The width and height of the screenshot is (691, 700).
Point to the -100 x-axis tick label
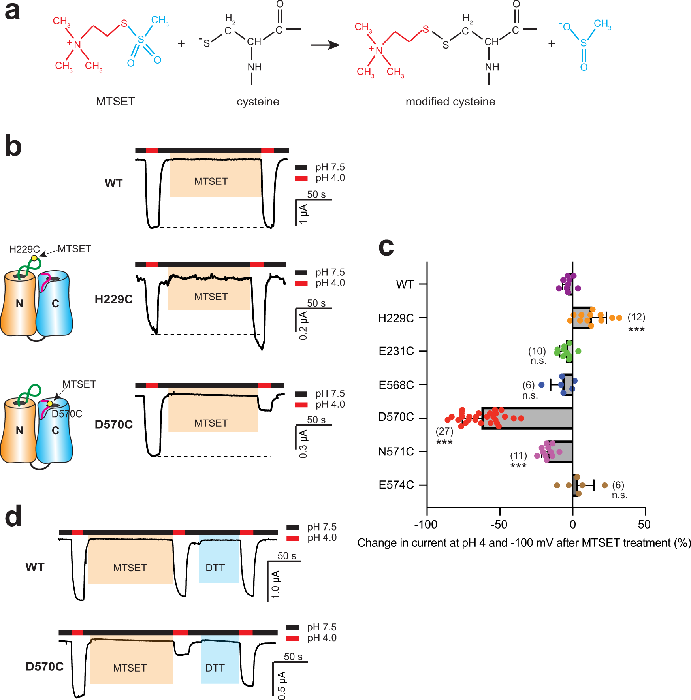tap(426, 525)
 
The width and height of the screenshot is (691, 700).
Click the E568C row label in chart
tap(396, 385)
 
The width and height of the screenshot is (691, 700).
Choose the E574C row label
tap(396, 485)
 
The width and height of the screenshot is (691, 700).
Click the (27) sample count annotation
tap(444, 431)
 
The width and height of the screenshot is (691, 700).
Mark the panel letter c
tap(386, 247)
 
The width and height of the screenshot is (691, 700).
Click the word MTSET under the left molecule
tap(115, 102)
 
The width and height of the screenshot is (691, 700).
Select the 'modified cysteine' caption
tap(450, 102)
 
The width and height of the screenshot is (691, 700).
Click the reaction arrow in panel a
tap(325, 45)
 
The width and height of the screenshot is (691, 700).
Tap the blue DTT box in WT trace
tap(219, 561)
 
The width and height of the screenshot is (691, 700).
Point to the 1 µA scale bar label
tap(303, 214)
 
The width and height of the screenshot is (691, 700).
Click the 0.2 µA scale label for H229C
tap(303, 326)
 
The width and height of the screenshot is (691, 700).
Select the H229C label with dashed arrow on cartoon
tap(24, 249)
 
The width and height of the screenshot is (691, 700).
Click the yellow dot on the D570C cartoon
tap(50, 403)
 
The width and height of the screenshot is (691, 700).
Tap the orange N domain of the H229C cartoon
tap(19, 304)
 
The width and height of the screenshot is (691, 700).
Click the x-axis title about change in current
tap(524, 543)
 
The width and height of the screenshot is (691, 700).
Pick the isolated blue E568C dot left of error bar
tap(541, 384)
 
